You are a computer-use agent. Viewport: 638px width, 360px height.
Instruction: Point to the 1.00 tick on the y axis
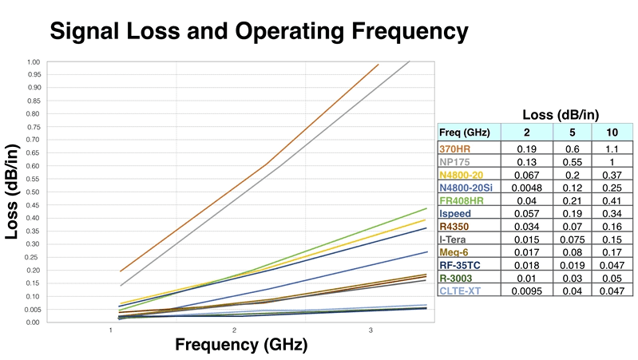(33, 61)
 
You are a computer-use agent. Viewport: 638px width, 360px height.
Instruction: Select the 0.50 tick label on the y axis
(33, 192)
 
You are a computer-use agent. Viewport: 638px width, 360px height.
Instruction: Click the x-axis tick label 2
(234, 330)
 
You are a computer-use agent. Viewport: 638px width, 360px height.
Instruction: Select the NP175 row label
(456, 162)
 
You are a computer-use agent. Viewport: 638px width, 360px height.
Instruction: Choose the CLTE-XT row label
(459, 292)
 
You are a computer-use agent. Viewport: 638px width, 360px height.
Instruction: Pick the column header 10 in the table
(612, 133)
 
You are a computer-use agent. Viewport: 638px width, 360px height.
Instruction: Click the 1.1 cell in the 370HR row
(612, 148)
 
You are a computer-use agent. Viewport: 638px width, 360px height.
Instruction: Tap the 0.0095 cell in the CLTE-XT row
(526, 292)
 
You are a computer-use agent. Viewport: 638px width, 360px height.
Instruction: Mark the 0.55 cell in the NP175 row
(573, 162)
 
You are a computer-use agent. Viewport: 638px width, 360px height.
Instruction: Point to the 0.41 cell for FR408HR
(612, 201)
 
